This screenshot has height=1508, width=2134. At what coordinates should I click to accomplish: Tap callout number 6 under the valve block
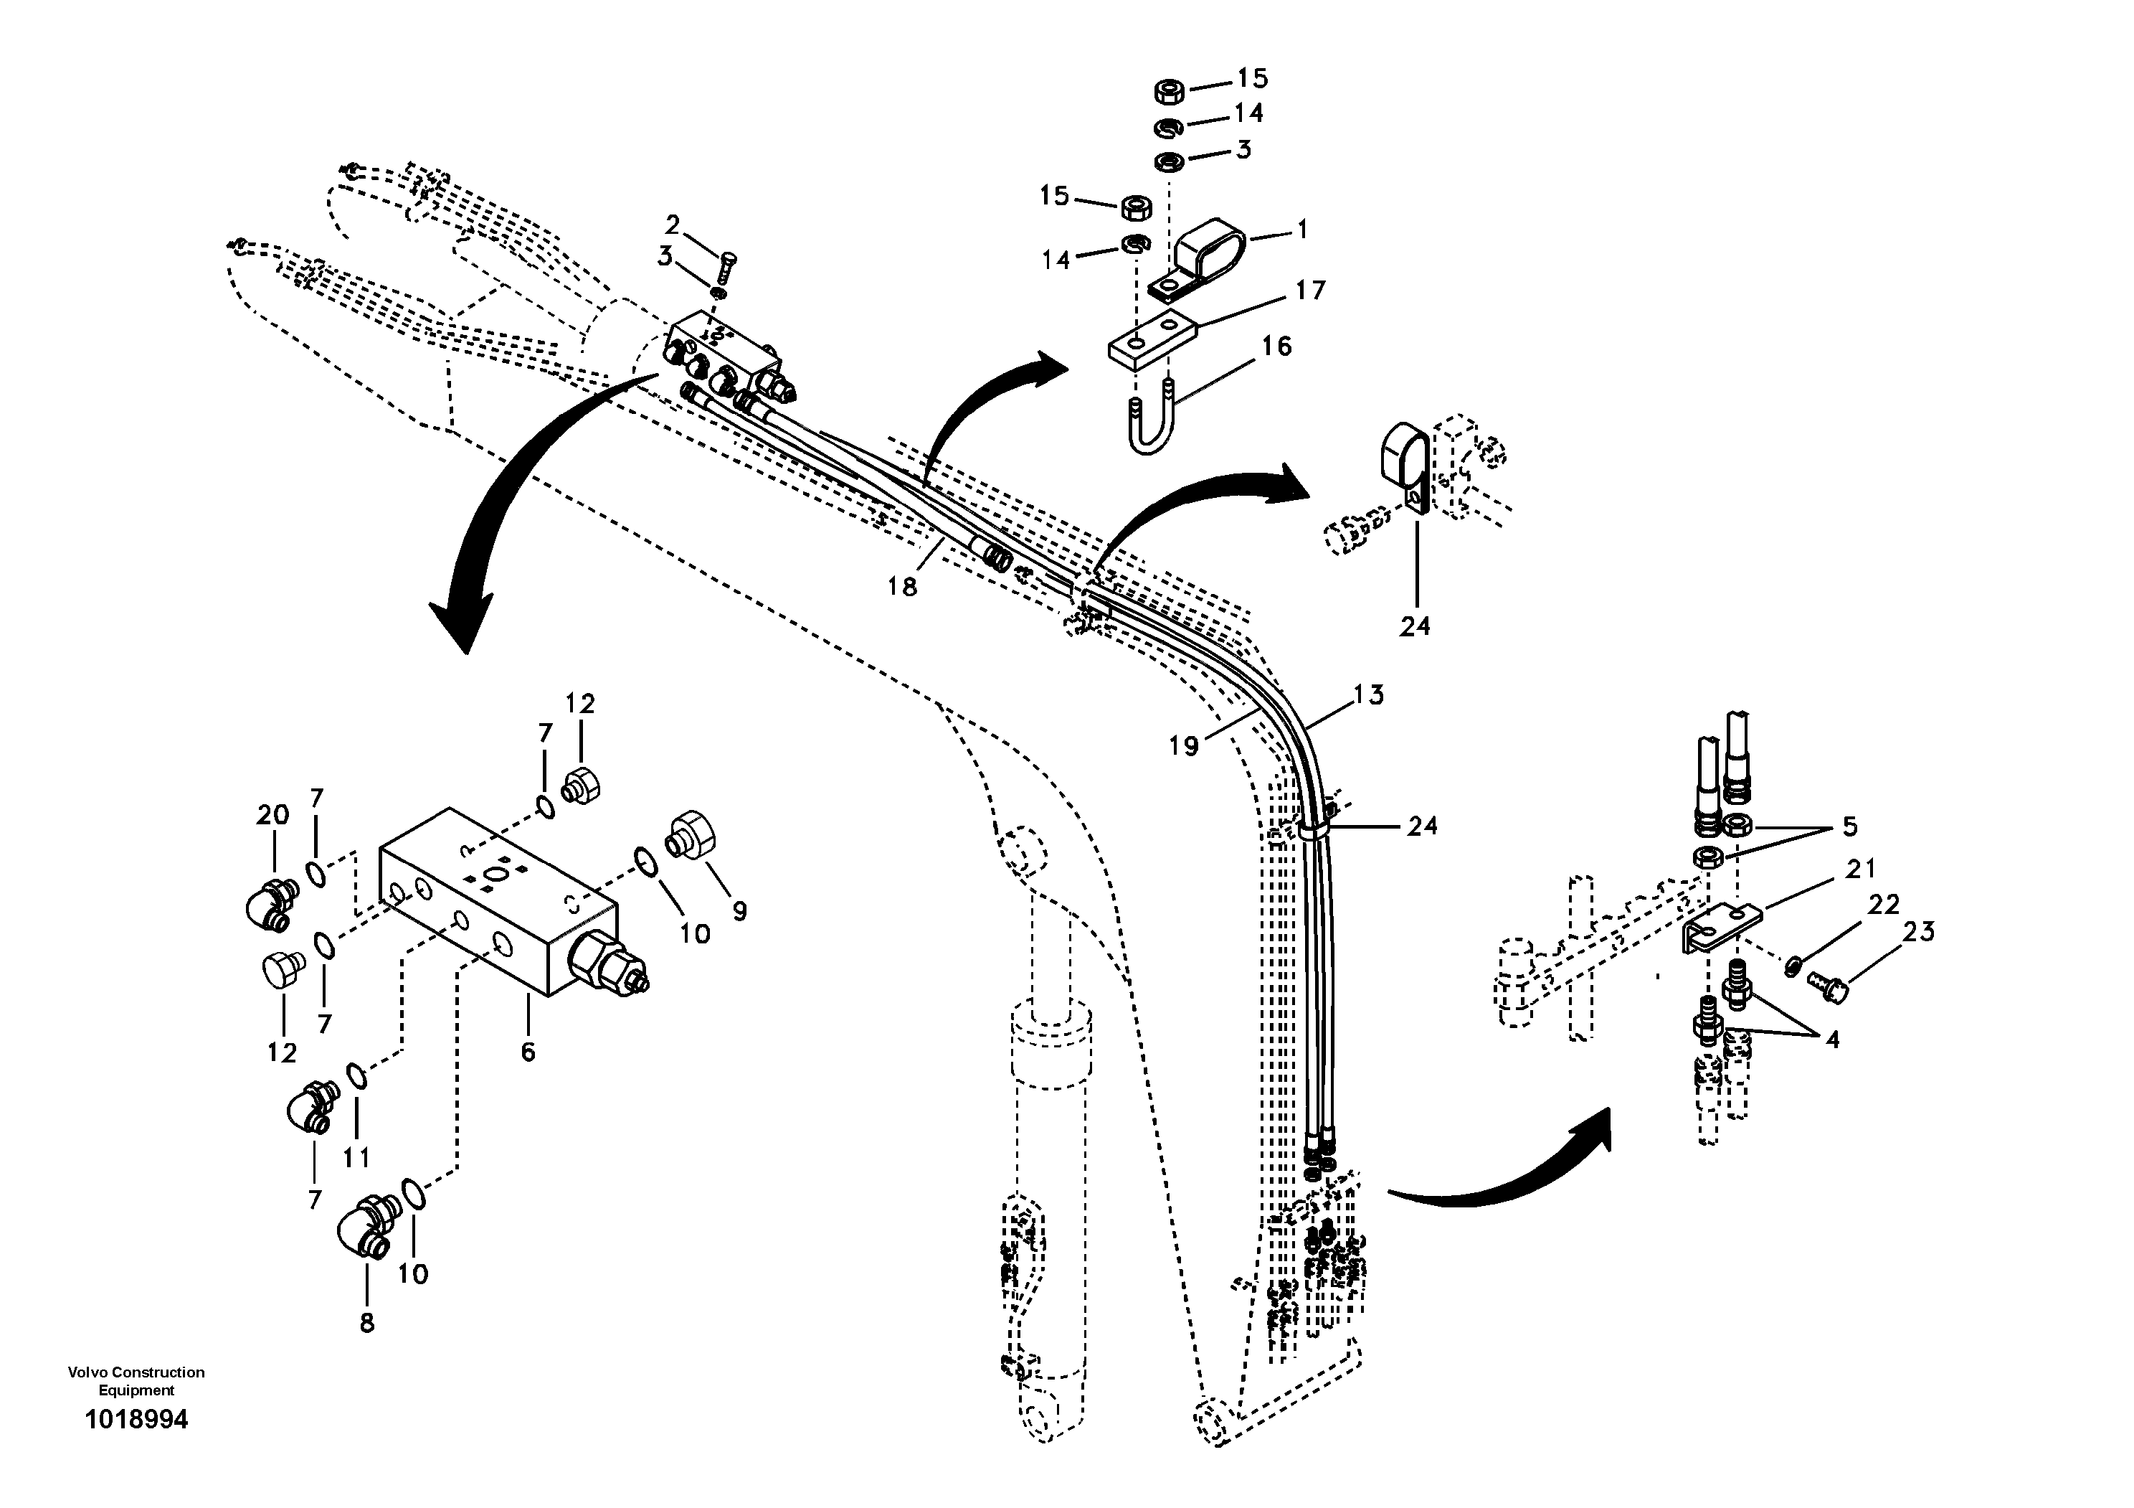click(x=528, y=1052)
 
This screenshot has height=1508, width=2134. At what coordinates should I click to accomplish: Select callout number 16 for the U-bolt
click(x=1277, y=346)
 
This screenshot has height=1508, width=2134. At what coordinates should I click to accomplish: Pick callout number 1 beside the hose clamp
click(x=1302, y=229)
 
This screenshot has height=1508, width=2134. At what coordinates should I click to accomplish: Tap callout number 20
click(x=272, y=816)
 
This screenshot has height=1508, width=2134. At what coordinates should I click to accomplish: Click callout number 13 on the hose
click(x=1369, y=694)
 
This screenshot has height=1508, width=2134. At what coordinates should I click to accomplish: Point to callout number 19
click(x=1183, y=745)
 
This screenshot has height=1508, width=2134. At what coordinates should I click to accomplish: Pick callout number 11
click(x=356, y=1156)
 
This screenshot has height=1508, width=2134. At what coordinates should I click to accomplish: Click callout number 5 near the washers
click(x=1849, y=826)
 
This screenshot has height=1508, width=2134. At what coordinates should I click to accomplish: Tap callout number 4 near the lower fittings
click(x=1832, y=1040)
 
